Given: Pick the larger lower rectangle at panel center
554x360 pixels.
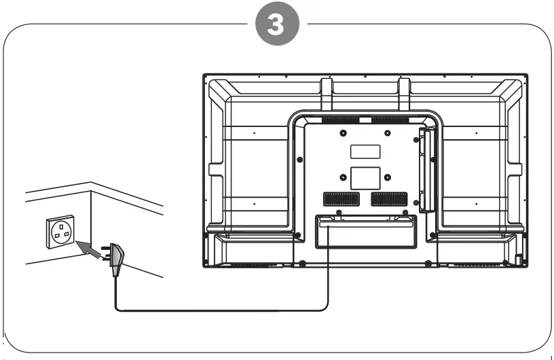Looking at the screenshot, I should click(365, 178).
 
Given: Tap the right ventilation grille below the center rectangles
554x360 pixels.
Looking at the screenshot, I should click(389, 200).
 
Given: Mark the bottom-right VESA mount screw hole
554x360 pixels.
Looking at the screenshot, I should click(387, 178).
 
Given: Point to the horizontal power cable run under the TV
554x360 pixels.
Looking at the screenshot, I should click(224, 310).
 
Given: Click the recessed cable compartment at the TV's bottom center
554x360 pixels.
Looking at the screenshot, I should click(365, 231).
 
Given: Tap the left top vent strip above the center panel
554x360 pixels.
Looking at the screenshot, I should click(340, 121).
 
